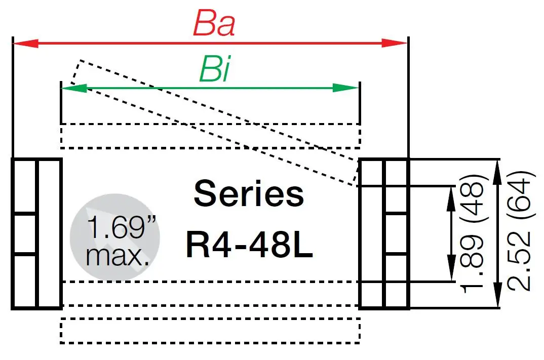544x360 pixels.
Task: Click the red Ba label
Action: pos(214,24)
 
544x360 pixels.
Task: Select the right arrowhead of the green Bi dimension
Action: pos(353,88)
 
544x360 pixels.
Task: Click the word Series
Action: pos(249,194)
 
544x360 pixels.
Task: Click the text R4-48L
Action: pos(249,245)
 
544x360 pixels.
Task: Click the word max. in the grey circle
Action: pos(118,255)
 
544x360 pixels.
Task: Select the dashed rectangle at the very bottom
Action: pos(210,331)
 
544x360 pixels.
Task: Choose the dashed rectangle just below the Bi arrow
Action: pos(210,136)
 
